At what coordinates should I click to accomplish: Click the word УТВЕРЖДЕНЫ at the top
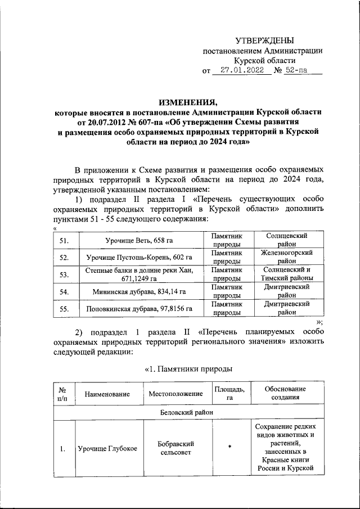click(x=264, y=40)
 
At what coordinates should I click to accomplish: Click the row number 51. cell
click(x=64, y=241)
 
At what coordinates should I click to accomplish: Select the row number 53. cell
click(x=64, y=274)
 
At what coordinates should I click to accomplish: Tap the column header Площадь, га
click(x=229, y=394)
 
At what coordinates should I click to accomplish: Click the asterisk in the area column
click(x=229, y=447)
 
